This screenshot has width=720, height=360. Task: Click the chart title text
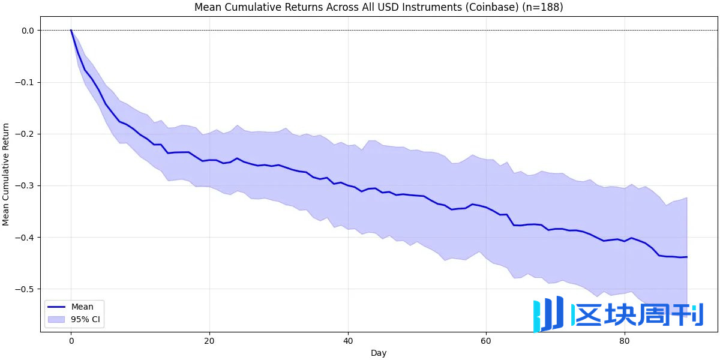pyautogui.click(x=378, y=7)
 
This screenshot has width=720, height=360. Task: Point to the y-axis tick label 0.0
pyautogui.click(x=28, y=31)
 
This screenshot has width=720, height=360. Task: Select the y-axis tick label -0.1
pyautogui.click(x=26, y=82)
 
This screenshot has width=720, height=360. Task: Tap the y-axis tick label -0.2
pyautogui.click(x=26, y=134)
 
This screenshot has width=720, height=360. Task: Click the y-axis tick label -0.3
pyautogui.click(x=26, y=185)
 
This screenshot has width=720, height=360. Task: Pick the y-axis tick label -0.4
pyautogui.click(x=26, y=238)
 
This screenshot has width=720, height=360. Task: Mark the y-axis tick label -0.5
pyautogui.click(x=26, y=289)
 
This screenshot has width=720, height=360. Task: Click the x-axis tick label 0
pyautogui.click(x=71, y=340)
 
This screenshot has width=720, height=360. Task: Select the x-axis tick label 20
pyautogui.click(x=209, y=340)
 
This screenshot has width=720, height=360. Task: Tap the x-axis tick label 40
pyautogui.click(x=347, y=340)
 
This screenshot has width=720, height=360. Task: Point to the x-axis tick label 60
pyautogui.click(x=486, y=340)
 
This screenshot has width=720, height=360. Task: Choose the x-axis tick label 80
pyautogui.click(x=625, y=340)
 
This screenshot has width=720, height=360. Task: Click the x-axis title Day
pyautogui.click(x=379, y=353)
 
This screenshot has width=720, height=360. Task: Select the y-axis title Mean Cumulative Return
pyautogui.click(x=6, y=174)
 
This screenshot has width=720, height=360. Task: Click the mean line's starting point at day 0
pyautogui.click(x=71, y=30)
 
